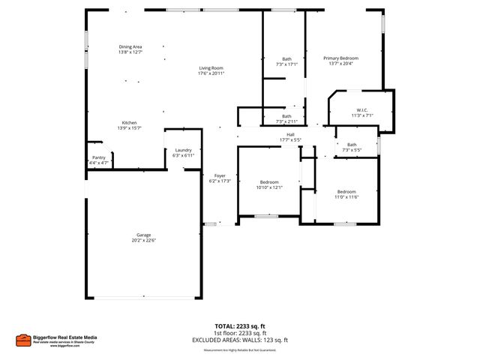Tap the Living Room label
click(x=211, y=68)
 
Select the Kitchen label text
click(x=130, y=123)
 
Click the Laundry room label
click(x=183, y=150)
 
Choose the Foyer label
click(x=220, y=175)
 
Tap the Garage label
click(x=143, y=235)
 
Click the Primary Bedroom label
click(x=340, y=58)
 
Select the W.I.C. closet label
click(x=361, y=110)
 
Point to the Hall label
click(x=289, y=135)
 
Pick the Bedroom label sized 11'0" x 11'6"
click(x=346, y=191)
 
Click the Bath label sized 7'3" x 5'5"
click(x=352, y=145)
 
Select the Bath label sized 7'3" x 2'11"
click(x=286, y=116)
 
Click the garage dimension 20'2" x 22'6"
click(x=143, y=240)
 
